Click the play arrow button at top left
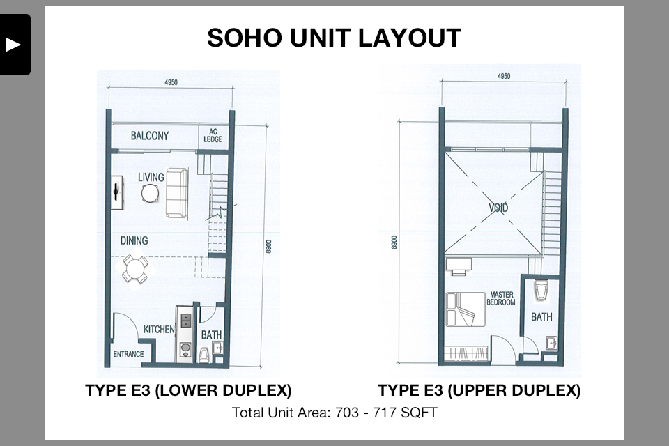click(x=13, y=45)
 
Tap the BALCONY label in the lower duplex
click(x=150, y=136)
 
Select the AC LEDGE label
click(x=213, y=136)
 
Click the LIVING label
click(x=151, y=177)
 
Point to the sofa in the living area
click(x=177, y=193)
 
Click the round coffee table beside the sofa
click(x=151, y=193)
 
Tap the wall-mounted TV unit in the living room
click(x=117, y=192)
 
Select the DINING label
click(x=134, y=240)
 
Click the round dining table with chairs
click(x=134, y=269)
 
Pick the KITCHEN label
click(x=159, y=329)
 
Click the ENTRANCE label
click(x=128, y=354)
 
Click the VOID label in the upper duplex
click(x=498, y=208)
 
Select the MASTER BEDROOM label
click(x=501, y=298)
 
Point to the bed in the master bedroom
click(x=466, y=309)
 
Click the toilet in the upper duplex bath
click(x=541, y=291)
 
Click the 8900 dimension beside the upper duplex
click(x=394, y=242)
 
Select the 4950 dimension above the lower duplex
click(x=171, y=82)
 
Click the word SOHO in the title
click(x=244, y=38)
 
